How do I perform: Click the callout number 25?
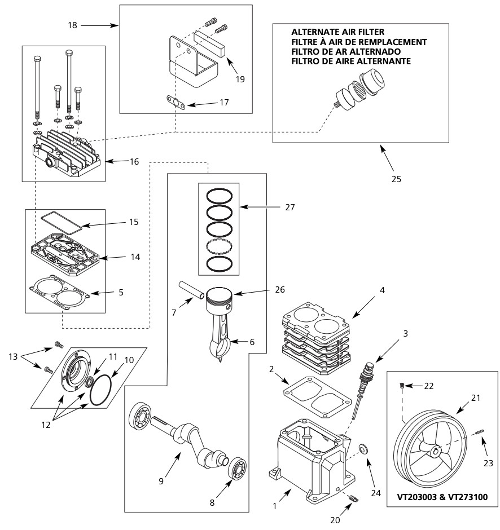coord(396,179)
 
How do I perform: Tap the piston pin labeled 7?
coord(191,291)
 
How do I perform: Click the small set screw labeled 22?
coord(402,385)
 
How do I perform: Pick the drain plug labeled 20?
coord(353,498)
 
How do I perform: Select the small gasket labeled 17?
coord(176,103)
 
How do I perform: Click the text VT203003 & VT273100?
coord(442,497)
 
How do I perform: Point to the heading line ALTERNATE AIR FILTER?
coord(337,32)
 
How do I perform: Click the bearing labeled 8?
coord(237,469)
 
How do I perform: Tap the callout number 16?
coord(134,162)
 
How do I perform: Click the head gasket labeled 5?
coord(59,293)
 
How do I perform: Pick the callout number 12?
coord(46,425)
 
